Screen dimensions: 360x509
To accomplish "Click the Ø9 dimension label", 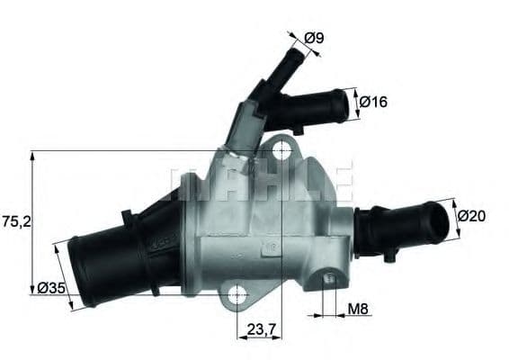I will click(314, 38).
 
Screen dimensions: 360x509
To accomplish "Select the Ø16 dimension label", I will click(372, 103).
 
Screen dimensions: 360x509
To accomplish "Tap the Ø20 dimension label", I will click(470, 215).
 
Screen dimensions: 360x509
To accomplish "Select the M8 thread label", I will click(358, 309).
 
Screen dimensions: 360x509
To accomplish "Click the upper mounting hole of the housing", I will click(282, 148).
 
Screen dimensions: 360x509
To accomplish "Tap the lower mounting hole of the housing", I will click(237, 294).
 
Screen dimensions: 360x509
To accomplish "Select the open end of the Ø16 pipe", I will click(343, 107).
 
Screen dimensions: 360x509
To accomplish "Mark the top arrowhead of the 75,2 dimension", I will click(33, 155).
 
